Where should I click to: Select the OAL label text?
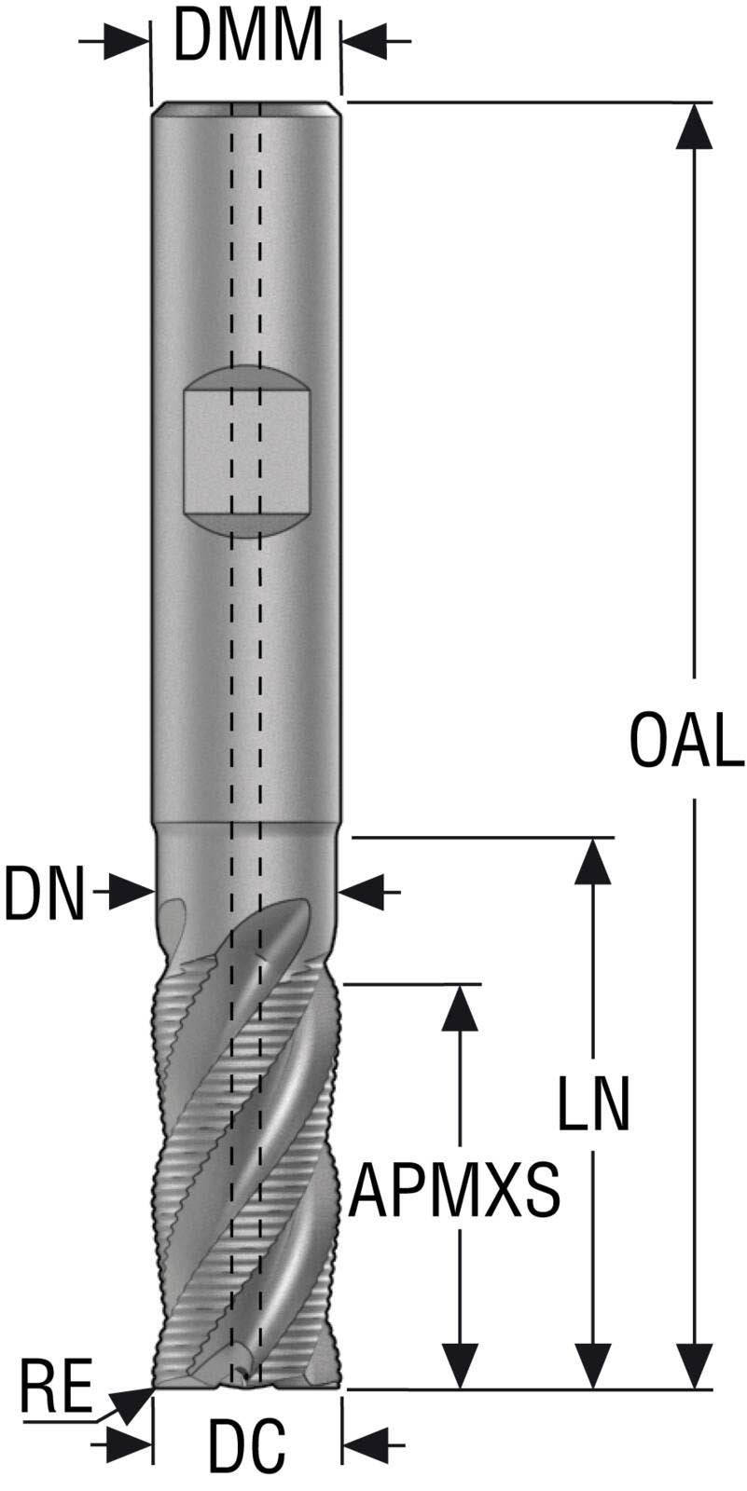click(686, 741)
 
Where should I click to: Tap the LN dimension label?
click(594, 1104)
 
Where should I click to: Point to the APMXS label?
click(455, 1190)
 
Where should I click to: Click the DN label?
click(44, 894)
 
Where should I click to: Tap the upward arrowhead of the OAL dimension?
click(694, 127)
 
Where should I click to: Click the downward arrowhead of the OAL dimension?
click(694, 1365)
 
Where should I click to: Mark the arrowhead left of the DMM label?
click(127, 42)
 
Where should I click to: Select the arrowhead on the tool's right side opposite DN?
click(362, 893)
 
